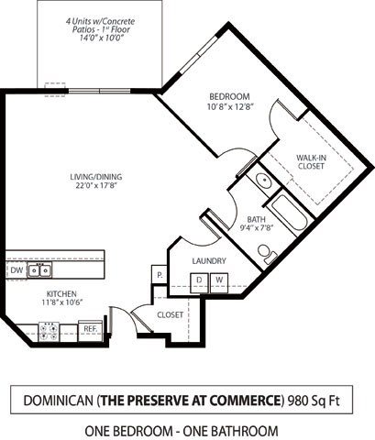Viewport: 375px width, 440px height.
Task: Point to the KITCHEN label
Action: pyautogui.click(x=62, y=293)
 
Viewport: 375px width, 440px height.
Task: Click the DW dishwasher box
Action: pyautogui.click(x=17, y=270)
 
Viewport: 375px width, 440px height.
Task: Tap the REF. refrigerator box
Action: pyautogui.click(x=90, y=327)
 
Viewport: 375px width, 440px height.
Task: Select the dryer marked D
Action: pyautogui.click(x=198, y=280)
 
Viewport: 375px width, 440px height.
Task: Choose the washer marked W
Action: pyautogui.click(x=219, y=280)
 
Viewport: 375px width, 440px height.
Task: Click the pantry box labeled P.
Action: pyautogui.click(x=160, y=275)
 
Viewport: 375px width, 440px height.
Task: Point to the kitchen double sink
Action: pyautogui.click(x=39, y=270)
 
